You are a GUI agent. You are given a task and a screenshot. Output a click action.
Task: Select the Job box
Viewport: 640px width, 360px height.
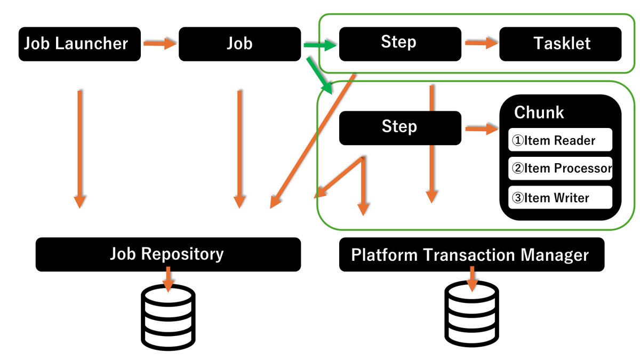(x=239, y=44)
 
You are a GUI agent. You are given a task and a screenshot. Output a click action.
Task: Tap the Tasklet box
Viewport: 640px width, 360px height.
(x=560, y=44)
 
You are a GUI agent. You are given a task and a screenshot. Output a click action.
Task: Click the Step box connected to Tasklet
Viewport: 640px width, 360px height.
(x=399, y=43)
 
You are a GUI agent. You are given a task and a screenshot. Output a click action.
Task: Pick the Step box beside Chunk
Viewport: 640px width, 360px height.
(x=399, y=127)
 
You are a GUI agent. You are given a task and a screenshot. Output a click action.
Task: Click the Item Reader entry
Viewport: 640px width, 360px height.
(x=559, y=140)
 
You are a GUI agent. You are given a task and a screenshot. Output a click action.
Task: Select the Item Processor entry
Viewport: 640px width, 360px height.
(x=559, y=169)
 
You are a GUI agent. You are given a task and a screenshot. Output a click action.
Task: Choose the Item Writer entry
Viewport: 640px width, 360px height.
(x=559, y=198)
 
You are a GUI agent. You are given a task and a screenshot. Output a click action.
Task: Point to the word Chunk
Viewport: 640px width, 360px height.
(x=539, y=113)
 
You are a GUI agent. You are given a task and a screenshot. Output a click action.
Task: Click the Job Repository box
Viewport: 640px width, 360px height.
(x=168, y=254)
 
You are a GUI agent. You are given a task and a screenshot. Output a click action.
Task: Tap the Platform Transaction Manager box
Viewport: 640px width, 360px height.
(x=471, y=255)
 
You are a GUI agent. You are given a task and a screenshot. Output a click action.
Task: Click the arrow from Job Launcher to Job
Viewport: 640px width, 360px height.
(x=159, y=44)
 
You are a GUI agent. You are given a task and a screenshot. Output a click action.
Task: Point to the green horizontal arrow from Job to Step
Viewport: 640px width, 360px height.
(x=320, y=46)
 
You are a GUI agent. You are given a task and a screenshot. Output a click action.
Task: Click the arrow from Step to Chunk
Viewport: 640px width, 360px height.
(x=480, y=129)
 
